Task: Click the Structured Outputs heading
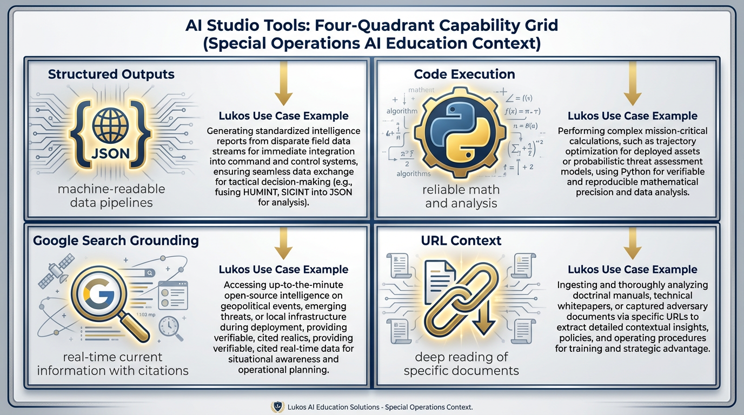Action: (x=111, y=75)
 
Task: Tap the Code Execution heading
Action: (x=464, y=75)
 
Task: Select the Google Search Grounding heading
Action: (x=116, y=240)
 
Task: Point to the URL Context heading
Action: (x=461, y=240)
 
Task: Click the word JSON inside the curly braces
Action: (x=111, y=153)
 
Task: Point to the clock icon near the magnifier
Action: (x=169, y=325)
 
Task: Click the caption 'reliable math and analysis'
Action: (x=461, y=197)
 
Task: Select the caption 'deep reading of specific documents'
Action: (x=461, y=364)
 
